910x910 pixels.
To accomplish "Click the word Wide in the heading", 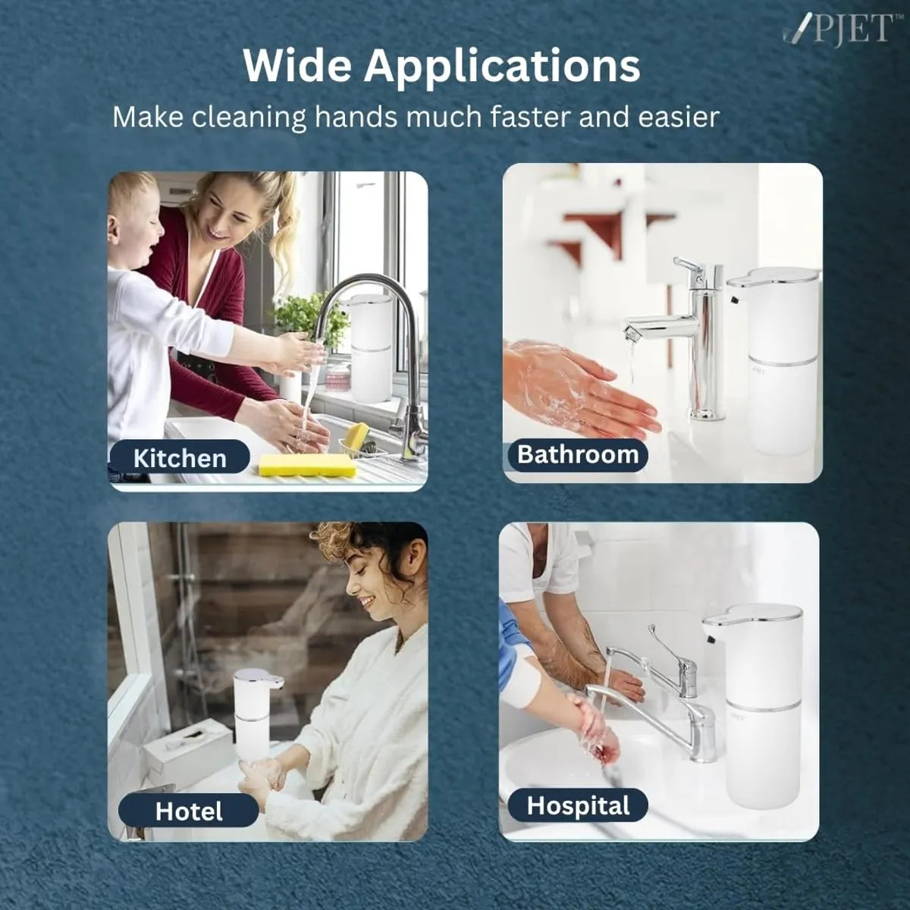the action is coord(297,66).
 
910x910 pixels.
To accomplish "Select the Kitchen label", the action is coord(180,458).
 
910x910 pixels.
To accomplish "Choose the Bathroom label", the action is coord(577,454).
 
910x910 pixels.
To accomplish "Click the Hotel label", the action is coord(188,811).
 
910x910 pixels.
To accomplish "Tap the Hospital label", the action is coord(578,805).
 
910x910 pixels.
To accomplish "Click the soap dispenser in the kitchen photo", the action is coord(371,349).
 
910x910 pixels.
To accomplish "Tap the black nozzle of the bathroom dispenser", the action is coord(734,300).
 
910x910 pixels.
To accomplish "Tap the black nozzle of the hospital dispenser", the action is coord(711,640).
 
